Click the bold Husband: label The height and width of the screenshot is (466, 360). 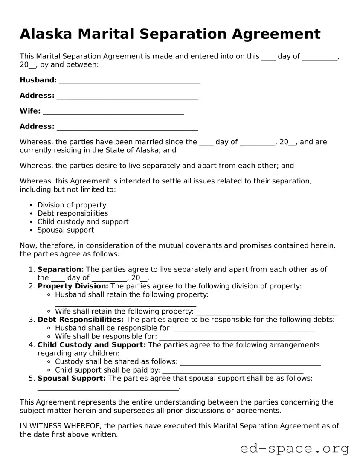pos(38,80)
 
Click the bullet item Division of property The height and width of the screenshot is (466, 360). pos(72,205)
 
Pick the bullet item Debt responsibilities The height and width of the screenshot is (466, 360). pos(73,213)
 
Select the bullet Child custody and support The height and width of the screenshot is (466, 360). pos(83,222)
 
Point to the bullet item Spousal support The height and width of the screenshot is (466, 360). pos(66,230)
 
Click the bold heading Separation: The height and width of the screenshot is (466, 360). pos(61,269)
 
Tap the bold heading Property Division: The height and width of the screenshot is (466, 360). pos(73,286)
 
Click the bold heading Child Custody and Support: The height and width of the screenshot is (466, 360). pos(92,345)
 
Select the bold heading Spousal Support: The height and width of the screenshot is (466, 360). pos(72,379)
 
